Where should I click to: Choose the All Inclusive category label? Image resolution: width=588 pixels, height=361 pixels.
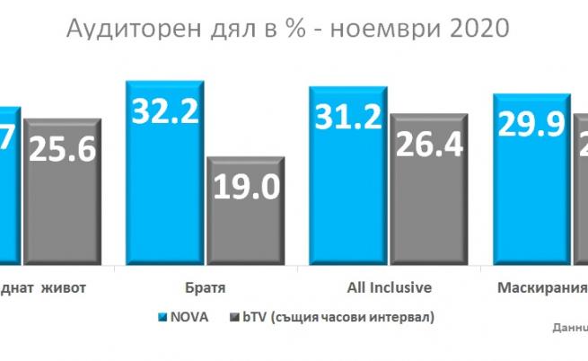(389, 288)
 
